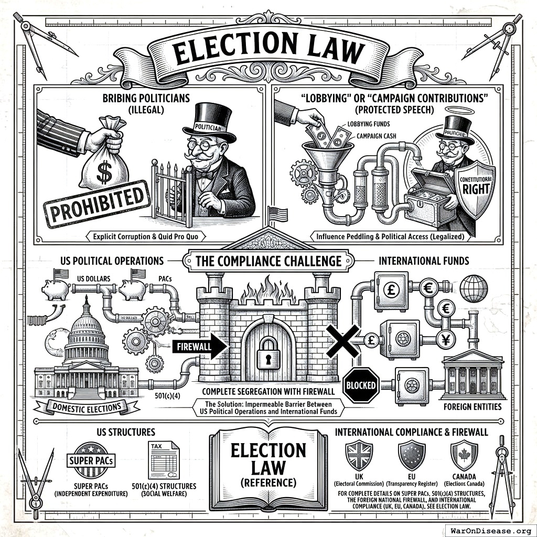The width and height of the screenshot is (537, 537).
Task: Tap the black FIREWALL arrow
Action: tap(199, 347)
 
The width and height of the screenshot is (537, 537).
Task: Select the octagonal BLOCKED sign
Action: tap(361, 385)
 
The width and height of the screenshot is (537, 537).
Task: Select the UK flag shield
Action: tap(359, 454)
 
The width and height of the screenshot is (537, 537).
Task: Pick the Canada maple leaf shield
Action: tap(464, 454)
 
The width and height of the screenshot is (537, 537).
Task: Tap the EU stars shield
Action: tap(412, 454)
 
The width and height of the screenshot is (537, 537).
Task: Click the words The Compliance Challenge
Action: tap(268, 261)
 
